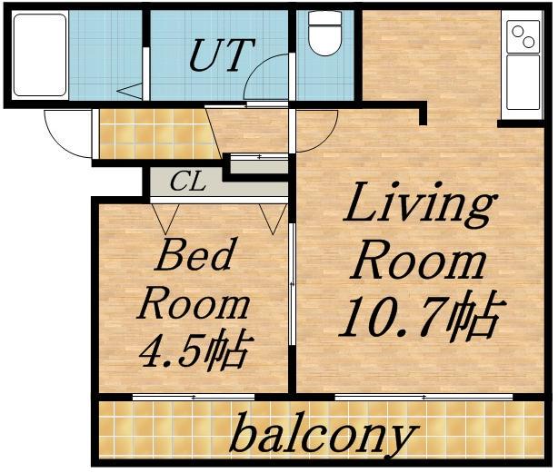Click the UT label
[x=223, y=54]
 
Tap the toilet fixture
[x=324, y=33]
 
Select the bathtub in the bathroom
[x=40, y=55]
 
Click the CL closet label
[x=188, y=182]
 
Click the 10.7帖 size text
[x=422, y=317]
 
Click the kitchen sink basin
[x=523, y=82]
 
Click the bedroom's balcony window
[x=194, y=397]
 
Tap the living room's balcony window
[x=423, y=397]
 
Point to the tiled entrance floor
[x=156, y=133]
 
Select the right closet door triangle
[x=273, y=219]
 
